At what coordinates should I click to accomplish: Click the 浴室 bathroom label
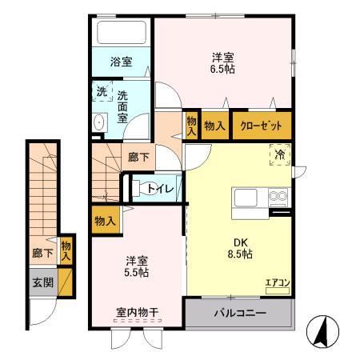pos(122,62)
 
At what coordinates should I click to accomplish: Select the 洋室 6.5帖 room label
pos(223,62)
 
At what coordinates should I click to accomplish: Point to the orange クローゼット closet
pos(262,126)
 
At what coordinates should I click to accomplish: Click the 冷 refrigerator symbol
pos(280,154)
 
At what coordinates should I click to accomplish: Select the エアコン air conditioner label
pos(277,282)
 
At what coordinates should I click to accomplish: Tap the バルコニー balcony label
pos(238,311)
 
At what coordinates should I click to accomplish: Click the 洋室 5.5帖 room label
pos(136,266)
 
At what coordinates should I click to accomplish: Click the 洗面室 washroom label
pos(122,106)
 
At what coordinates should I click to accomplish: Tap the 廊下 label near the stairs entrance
pos(138,158)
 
